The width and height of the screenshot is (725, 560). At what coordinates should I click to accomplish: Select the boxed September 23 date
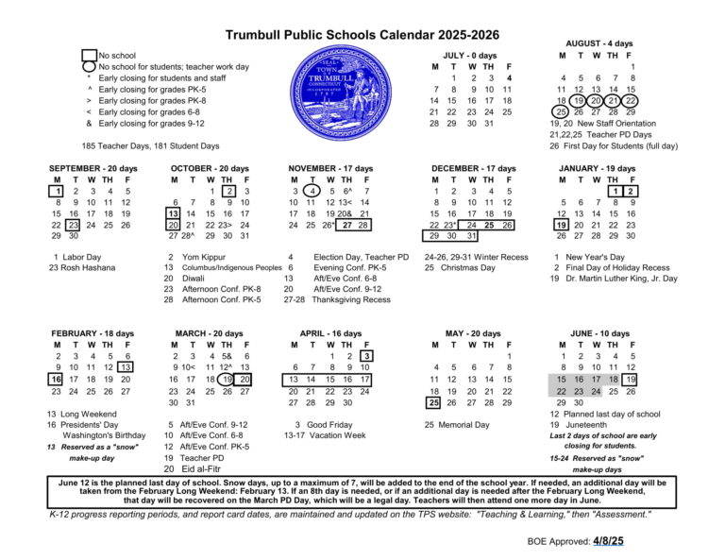[x=73, y=226]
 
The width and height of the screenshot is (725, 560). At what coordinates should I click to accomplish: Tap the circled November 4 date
[x=312, y=191]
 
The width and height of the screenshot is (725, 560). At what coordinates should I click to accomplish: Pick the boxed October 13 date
[x=176, y=214]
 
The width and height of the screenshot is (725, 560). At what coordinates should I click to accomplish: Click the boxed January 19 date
[x=562, y=226]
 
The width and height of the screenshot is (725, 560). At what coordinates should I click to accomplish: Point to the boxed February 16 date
[x=57, y=380]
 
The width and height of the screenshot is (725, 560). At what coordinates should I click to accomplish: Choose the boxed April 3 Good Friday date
[x=366, y=356]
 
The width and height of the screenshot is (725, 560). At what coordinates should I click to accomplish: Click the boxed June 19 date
[x=632, y=380]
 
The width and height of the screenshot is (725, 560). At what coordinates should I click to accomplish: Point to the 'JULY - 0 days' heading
[x=469, y=55]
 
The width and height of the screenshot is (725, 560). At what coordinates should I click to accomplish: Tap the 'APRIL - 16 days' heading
[x=330, y=333]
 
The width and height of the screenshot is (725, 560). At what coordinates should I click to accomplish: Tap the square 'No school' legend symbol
[x=90, y=56]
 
